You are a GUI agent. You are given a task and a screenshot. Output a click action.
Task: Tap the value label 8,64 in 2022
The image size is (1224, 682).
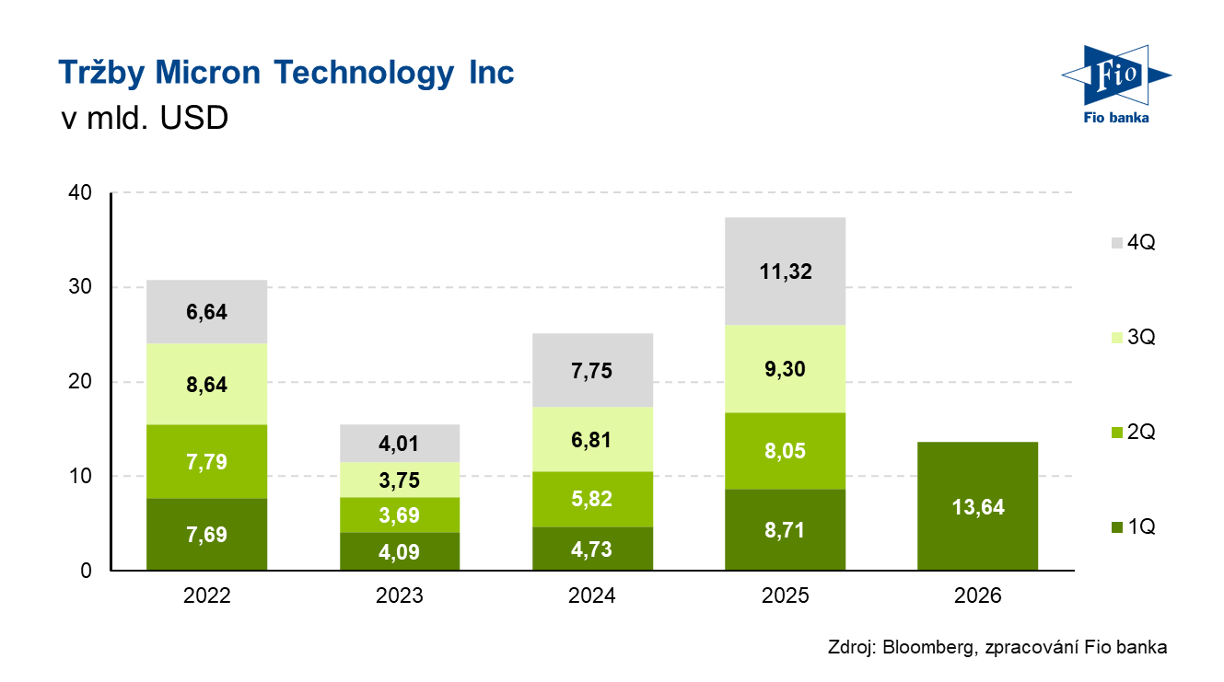(206, 385)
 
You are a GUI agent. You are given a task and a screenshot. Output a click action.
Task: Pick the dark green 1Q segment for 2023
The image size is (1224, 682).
(400, 551)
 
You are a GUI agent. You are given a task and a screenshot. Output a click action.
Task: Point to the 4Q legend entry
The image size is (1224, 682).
(1132, 243)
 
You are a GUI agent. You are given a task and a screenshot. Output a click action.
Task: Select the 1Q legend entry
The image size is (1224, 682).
(1132, 527)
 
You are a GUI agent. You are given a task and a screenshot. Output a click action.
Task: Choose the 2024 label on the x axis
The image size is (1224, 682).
(592, 595)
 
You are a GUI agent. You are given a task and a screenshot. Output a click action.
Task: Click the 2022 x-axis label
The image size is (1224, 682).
(206, 595)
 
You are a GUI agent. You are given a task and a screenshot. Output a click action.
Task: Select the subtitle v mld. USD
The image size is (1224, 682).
(143, 120)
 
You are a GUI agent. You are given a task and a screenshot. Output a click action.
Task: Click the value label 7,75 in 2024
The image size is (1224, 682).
(592, 371)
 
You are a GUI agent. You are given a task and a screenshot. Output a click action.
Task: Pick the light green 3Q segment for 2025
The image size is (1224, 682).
(785, 369)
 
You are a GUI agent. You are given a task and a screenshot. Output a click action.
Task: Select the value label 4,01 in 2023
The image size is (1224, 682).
(400, 444)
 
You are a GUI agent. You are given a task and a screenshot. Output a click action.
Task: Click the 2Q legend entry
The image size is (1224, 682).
(1132, 433)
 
